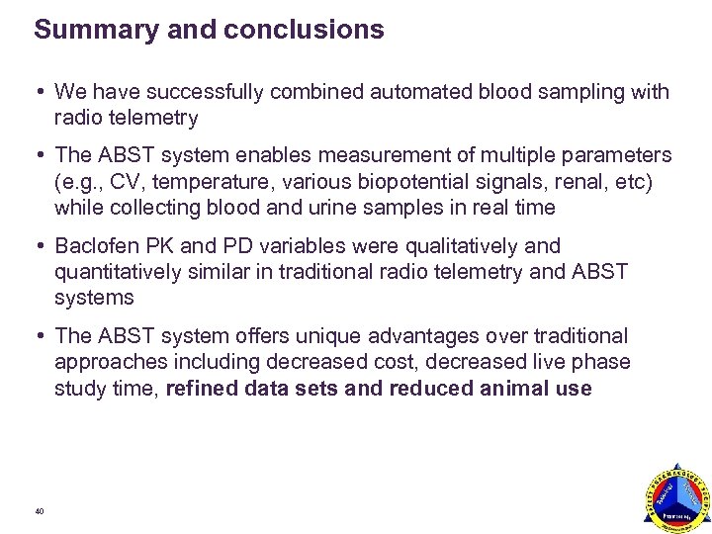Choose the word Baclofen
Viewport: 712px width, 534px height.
[x=98, y=246]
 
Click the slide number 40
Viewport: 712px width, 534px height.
[x=39, y=511]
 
